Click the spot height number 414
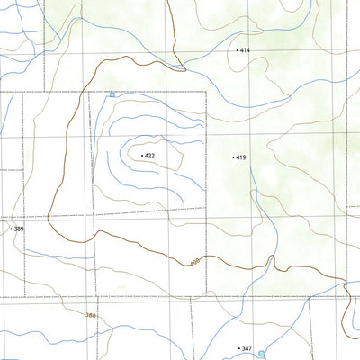coord(246,50)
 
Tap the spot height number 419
coord(242,157)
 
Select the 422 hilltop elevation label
coord(150,156)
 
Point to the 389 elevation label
coord(19,229)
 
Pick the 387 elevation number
coord(247,347)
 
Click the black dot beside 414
coord(238,50)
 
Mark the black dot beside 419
coord(234,157)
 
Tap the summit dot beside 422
coord(142,156)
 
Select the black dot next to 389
coord(11,229)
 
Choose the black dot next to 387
coord(239,347)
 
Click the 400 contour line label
coord(194,263)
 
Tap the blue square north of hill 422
coord(112,94)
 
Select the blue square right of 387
coord(262,354)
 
